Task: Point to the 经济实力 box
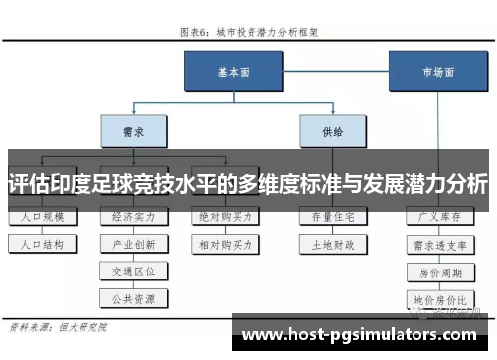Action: [x=134, y=216]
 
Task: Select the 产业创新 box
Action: [x=134, y=243]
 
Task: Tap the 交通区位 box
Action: [x=134, y=270]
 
